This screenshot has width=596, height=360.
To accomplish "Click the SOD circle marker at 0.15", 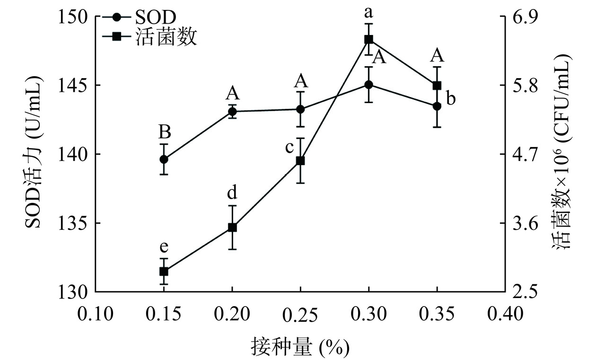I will coord(164,159).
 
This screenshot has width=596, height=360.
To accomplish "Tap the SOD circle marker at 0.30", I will coord(369,85).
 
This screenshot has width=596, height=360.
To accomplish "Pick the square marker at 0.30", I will coord(369,39).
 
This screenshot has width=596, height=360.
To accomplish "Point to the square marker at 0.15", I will coord(164,271).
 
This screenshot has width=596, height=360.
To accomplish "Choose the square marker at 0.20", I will coord(232,228).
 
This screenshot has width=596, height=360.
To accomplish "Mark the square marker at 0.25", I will coord(300,161).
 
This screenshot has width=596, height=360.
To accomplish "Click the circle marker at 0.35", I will coord(437,106).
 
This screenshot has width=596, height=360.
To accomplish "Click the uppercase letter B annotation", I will coord(164,131).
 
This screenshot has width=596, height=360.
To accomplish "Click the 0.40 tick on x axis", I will coord(505,314).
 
